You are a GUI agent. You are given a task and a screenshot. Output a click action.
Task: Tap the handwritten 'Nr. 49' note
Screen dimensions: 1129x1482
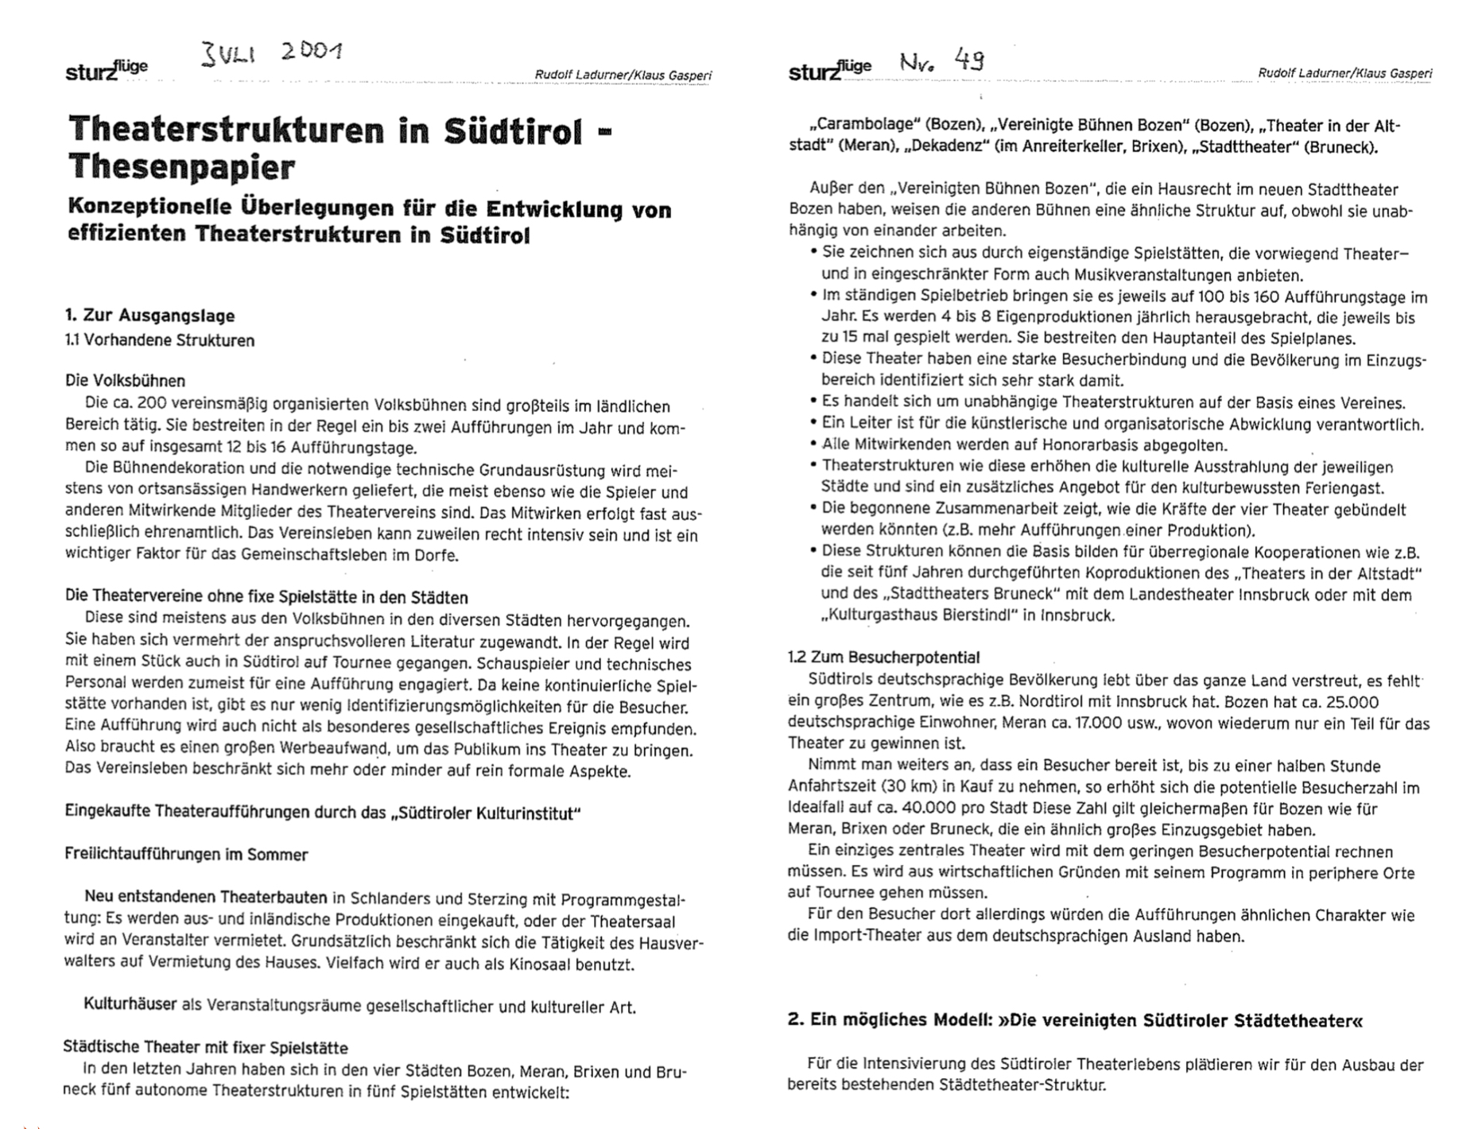pyautogui.click(x=943, y=61)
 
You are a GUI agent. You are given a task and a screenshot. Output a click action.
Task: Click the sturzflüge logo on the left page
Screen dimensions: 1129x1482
pyautogui.click(x=106, y=70)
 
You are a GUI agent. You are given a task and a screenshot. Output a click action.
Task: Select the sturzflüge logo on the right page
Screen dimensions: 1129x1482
pyautogui.click(x=829, y=70)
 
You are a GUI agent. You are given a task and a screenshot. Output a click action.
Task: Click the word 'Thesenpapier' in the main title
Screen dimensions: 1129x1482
pyautogui.click(x=181, y=167)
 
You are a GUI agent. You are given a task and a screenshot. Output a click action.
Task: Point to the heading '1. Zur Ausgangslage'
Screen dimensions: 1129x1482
pyautogui.click(x=149, y=316)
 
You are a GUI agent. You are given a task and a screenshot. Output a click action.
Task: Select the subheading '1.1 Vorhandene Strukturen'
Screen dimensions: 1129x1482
pyautogui.click(x=160, y=340)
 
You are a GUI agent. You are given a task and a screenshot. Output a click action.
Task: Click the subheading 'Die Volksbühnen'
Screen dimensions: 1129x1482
pyautogui.click(x=125, y=380)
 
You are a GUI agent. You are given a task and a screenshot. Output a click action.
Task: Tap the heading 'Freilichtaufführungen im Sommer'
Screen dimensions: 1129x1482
pyautogui.click(x=186, y=855)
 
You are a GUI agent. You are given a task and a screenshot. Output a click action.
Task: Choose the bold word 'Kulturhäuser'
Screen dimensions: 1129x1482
pyautogui.click(x=130, y=1004)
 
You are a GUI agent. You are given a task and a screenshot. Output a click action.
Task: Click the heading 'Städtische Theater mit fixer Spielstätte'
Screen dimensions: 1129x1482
pyautogui.click(x=205, y=1047)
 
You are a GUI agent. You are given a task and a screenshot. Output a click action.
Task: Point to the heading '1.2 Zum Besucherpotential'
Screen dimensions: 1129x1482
pyautogui.click(x=883, y=658)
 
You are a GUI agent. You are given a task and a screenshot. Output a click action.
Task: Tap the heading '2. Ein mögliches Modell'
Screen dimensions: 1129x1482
pyautogui.click(x=1074, y=1020)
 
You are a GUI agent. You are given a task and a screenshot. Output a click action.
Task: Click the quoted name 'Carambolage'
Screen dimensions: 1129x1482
pyautogui.click(x=858, y=126)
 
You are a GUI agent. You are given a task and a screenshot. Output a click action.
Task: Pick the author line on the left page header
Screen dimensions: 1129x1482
pyautogui.click(x=623, y=76)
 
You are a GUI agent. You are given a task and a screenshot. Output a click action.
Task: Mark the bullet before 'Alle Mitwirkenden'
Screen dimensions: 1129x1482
pyautogui.click(x=813, y=444)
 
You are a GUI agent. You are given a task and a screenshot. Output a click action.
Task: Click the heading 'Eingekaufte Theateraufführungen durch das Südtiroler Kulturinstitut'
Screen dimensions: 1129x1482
pyautogui.click(x=323, y=813)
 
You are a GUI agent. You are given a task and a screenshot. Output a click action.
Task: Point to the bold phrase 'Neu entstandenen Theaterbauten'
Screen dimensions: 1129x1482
pyautogui.click(x=206, y=898)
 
